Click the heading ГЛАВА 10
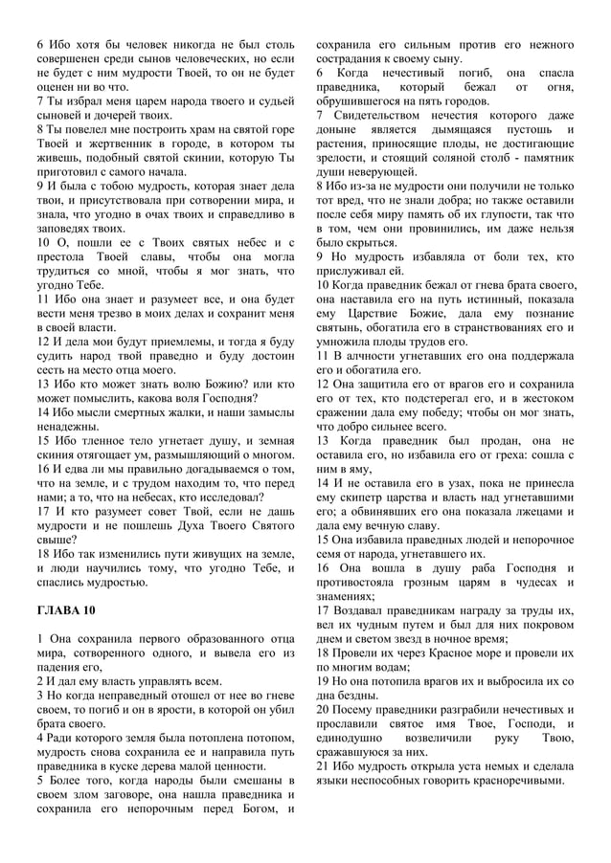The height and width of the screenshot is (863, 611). coord(66,609)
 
